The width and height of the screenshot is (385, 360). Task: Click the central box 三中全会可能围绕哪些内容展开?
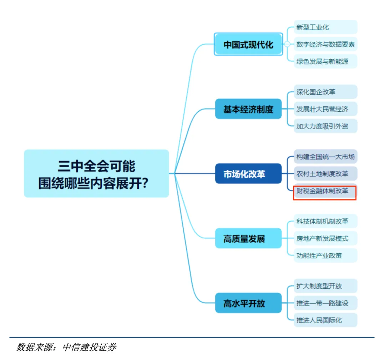96,173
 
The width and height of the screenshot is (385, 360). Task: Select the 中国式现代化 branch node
248,44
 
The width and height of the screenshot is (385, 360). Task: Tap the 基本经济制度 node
248,109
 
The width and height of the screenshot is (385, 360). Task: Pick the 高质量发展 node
248,238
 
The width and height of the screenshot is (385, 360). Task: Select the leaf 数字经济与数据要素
325,44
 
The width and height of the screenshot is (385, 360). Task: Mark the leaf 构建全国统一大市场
325,156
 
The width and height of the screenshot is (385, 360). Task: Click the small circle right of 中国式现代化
287,44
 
